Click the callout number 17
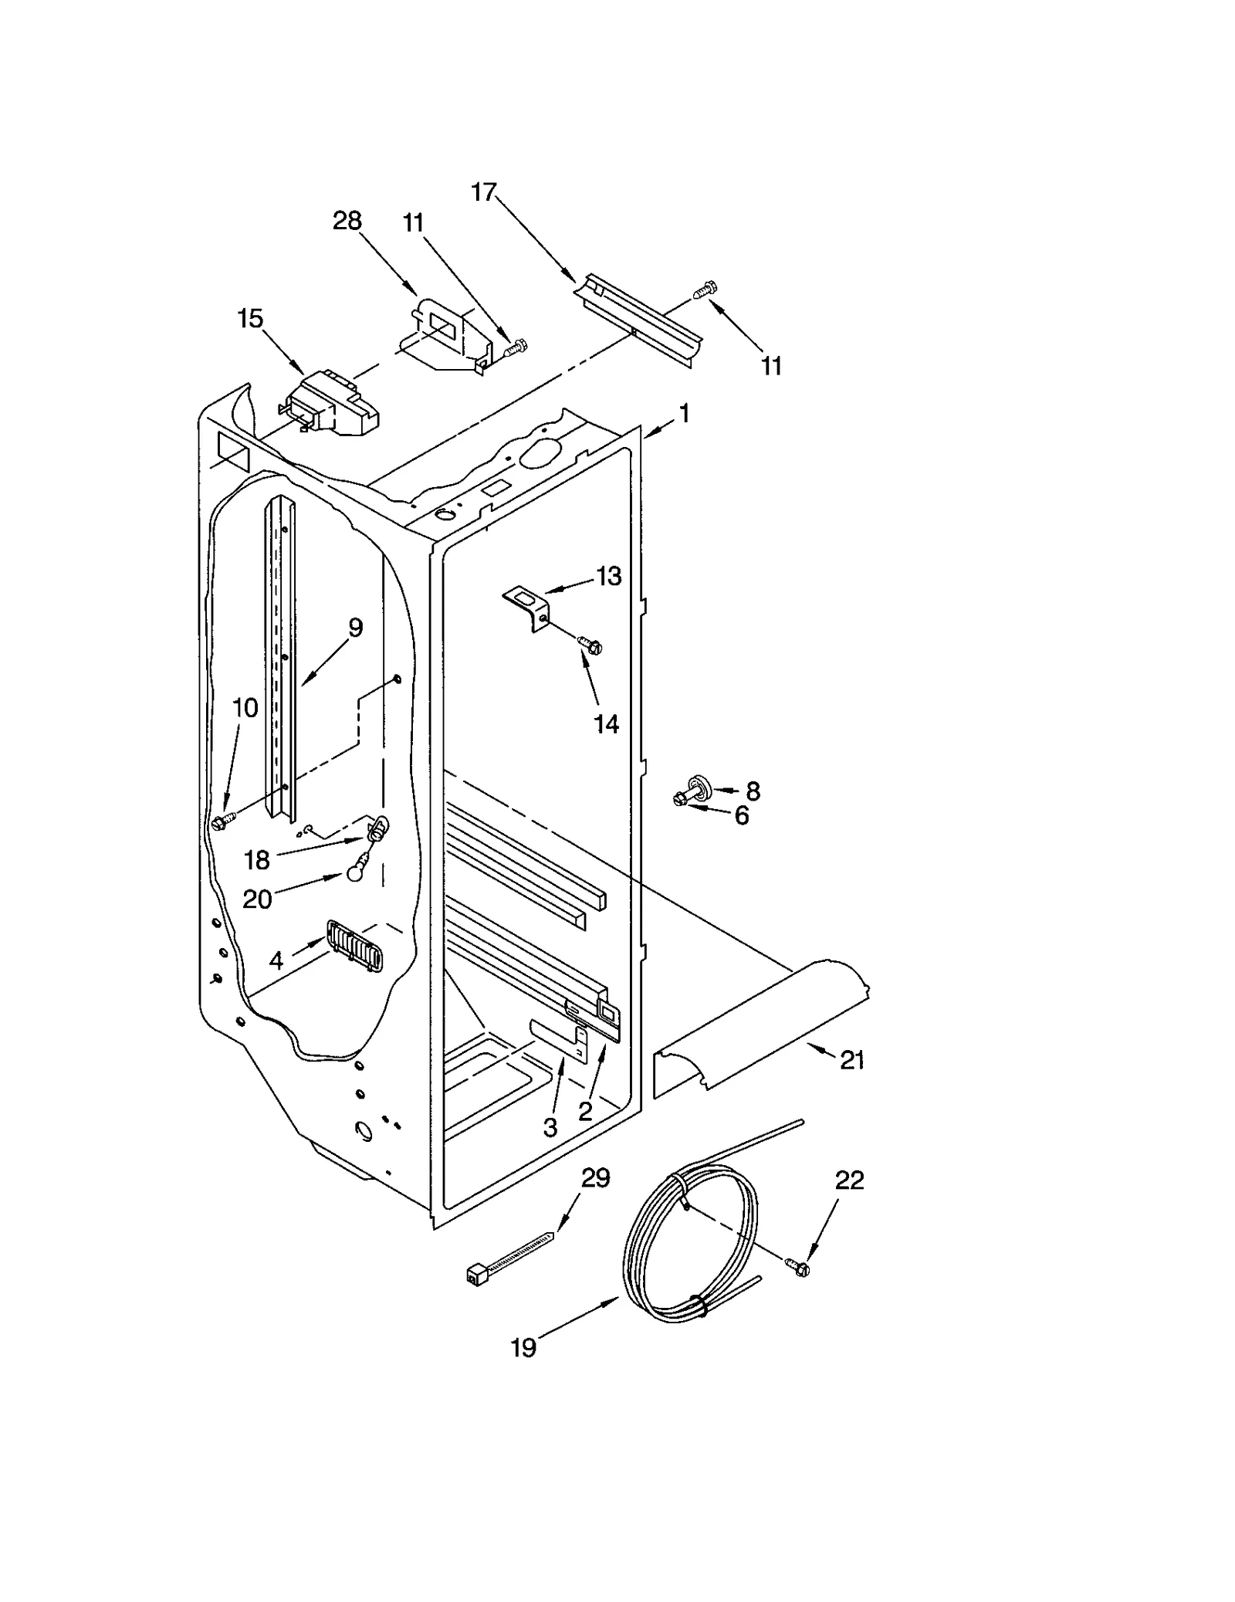pyautogui.click(x=484, y=191)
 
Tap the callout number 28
pyautogui.click(x=347, y=221)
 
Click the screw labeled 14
pyautogui.click(x=590, y=645)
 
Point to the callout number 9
pyautogui.click(x=355, y=628)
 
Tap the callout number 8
pyautogui.click(x=753, y=791)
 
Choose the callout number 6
pyautogui.click(x=742, y=815)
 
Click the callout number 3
pyautogui.click(x=550, y=1128)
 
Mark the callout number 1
pyautogui.click(x=684, y=414)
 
